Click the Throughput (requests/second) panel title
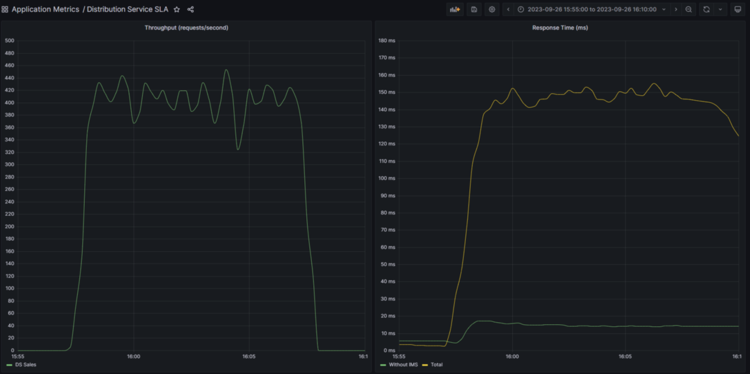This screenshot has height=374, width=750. tap(186, 28)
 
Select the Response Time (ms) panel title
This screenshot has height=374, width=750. tap(560, 28)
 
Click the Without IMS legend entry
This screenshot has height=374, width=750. tap(403, 365)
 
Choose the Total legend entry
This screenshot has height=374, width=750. tap(436, 365)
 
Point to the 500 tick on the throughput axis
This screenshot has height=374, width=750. tap(9, 41)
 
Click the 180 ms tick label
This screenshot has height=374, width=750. tap(387, 41)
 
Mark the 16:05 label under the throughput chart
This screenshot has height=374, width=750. tap(249, 356)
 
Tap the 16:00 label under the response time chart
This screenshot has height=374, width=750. tap(512, 356)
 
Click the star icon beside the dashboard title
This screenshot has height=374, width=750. tap(177, 9)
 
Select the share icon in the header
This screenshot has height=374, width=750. tap(190, 9)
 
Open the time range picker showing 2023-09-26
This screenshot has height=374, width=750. tap(592, 9)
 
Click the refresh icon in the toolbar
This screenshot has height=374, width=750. tap(706, 9)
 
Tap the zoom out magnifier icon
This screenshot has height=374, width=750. tap(688, 9)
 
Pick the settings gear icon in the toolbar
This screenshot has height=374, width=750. tap(492, 9)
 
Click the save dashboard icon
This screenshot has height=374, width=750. tap(474, 9)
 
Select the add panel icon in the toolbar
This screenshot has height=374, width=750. tap(455, 9)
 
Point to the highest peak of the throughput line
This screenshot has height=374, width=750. tap(226, 70)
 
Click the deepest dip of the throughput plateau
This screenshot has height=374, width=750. tap(238, 149)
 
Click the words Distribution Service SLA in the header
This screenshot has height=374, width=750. tap(127, 9)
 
